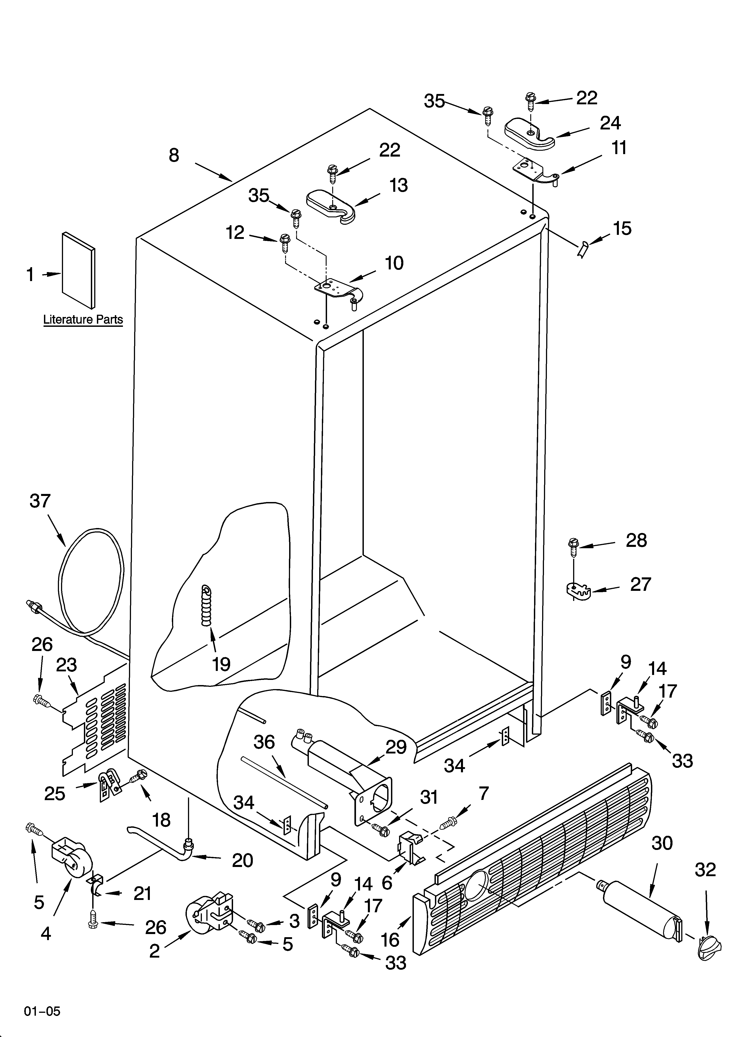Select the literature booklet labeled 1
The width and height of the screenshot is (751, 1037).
tap(79, 270)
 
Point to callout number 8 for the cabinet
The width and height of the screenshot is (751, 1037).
tap(174, 155)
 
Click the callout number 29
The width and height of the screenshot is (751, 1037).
tap(396, 747)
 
